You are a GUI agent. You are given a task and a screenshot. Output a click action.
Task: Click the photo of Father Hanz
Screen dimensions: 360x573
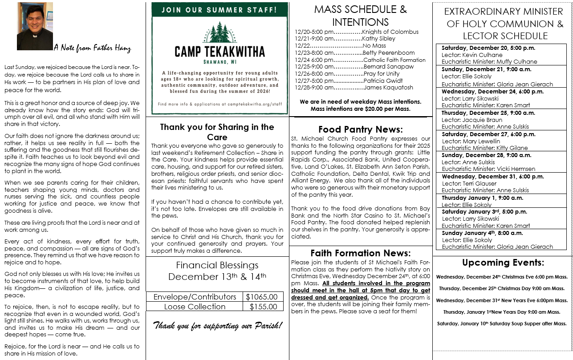[x=35, y=26]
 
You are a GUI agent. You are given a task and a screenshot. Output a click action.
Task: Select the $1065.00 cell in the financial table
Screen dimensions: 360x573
[x=263, y=297]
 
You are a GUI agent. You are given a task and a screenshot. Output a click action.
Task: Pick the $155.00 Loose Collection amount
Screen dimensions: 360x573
[x=263, y=307]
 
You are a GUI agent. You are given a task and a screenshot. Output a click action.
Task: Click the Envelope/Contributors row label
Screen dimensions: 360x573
[x=195, y=297]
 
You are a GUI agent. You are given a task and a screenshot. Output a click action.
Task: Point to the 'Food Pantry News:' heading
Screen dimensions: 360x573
[x=360, y=129]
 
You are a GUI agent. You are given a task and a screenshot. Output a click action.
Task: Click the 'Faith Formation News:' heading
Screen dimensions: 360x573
[x=360, y=253]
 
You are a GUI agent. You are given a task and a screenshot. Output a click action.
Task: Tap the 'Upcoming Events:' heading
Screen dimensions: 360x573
[x=503, y=263]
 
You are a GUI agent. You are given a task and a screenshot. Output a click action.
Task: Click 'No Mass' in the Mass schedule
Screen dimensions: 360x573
[x=374, y=45]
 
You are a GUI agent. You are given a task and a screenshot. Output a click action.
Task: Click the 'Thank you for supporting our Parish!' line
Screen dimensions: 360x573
[x=218, y=325]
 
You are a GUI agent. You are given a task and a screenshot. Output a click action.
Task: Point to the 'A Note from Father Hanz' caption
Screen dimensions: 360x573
[x=92, y=48]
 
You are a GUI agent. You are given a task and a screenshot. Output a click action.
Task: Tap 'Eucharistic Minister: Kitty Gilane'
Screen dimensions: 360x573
[x=484, y=148]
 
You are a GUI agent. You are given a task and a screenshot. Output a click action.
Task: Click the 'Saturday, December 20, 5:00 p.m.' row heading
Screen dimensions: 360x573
[x=488, y=48]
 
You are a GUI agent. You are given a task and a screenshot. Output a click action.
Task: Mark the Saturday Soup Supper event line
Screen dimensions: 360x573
[x=502, y=324]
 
